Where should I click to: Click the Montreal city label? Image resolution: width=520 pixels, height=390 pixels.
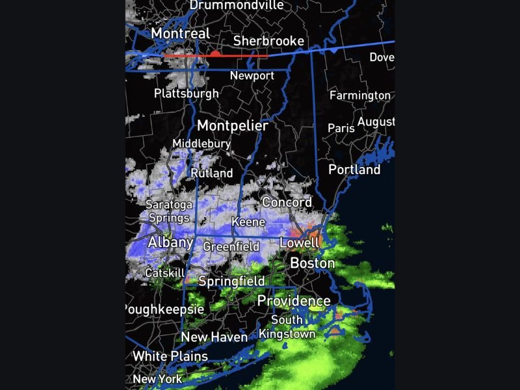180,33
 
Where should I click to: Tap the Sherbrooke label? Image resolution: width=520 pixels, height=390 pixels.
268,41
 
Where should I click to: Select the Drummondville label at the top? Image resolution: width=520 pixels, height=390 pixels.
237,5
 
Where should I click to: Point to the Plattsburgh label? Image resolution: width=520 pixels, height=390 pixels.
187,93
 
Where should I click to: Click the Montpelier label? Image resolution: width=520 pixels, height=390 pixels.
232,125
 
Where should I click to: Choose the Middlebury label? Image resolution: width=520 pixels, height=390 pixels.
201,144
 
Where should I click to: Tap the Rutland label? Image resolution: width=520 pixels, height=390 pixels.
211,173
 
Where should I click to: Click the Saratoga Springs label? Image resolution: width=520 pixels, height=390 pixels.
168,211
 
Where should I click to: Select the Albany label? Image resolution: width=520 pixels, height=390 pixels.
170,242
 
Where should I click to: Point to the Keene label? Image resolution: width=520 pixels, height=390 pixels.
248,222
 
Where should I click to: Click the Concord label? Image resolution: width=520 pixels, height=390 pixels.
287,202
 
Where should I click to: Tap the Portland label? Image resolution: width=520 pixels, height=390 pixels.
354,170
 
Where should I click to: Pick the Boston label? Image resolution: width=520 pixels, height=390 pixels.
312,263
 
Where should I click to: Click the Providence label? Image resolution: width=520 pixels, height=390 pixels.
294,301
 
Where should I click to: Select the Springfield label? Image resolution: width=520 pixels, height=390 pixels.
231,281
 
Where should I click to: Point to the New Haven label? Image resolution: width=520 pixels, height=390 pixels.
214,337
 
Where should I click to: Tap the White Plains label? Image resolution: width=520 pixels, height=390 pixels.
170,356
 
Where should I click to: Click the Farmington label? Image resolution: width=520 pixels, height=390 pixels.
360,96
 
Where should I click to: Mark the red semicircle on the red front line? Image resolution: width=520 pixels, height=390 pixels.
214,53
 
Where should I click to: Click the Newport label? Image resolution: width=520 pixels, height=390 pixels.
252,75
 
